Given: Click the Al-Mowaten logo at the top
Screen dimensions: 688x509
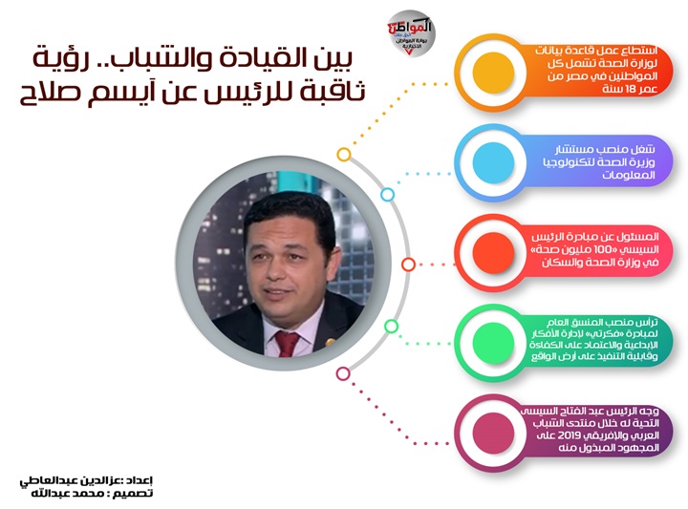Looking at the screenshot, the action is click(x=411, y=33).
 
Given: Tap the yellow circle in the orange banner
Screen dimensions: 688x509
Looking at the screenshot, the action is click(x=493, y=73).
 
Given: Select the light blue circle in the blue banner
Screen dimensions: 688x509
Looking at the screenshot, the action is click(x=493, y=162).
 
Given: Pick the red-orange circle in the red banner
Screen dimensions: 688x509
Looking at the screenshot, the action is click(x=493, y=252).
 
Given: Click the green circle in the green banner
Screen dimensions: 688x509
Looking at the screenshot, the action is click(x=493, y=343).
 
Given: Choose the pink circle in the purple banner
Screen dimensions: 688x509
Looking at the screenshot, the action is click(x=493, y=433).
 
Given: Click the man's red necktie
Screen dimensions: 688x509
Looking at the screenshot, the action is click(x=287, y=343).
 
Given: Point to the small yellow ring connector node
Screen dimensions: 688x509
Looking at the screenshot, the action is click(x=344, y=155).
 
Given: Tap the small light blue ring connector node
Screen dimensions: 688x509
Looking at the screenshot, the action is click(x=387, y=194).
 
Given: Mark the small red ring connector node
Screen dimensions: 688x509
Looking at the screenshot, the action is click(x=409, y=265).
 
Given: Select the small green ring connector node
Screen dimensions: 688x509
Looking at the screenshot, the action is click(x=392, y=327).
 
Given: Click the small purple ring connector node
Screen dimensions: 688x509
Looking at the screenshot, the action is click(x=343, y=374).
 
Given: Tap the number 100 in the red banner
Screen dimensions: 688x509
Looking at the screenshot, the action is click(x=602, y=249).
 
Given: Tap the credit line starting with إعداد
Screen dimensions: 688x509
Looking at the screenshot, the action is click(x=86, y=480).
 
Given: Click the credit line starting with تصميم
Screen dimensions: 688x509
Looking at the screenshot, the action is click(x=92, y=493).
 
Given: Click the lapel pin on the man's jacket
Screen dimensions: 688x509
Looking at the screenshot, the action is click(x=330, y=341).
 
